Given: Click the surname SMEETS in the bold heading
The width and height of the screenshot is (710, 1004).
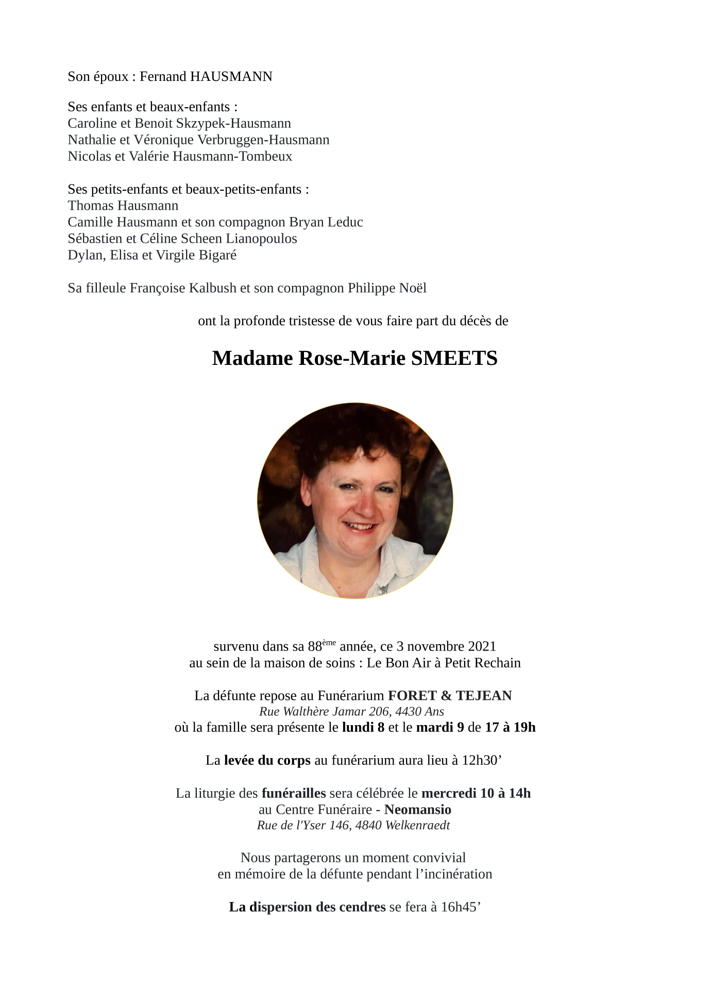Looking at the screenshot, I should point(454,358).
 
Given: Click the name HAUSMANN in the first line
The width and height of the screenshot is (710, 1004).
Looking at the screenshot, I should point(231,77).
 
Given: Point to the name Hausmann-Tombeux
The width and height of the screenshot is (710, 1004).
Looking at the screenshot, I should point(232,156).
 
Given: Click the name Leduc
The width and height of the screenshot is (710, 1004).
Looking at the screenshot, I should point(345,222).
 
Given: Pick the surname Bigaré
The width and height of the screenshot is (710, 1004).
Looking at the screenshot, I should point(218,255).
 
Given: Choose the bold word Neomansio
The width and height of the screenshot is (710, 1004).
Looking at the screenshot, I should point(417,809).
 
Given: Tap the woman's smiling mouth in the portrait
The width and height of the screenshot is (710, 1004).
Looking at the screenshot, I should point(362,527).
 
